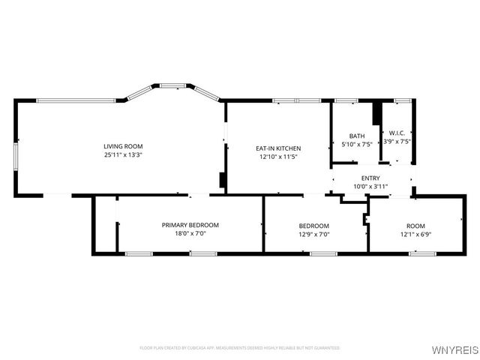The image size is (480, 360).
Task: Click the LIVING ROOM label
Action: point(123,146)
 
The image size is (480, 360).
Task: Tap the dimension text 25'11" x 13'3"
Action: point(123,154)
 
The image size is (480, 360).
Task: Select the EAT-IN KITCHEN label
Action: point(278,148)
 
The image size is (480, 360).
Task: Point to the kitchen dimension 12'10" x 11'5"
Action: point(278,157)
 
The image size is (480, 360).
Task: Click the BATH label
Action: point(356,136)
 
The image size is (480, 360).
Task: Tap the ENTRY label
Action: point(370,178)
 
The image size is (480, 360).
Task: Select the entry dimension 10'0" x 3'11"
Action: point(370,186)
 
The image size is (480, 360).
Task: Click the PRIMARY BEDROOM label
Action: point(190,225)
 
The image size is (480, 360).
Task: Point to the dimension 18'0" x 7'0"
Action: point(190,234)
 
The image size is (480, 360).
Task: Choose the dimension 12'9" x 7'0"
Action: point(313,234)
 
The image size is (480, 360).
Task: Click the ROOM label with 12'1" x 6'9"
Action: point(415,226)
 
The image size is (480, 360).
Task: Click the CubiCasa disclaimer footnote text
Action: point(240,348)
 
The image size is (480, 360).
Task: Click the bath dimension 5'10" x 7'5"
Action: point(356,144)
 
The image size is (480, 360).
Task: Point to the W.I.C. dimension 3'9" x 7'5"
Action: point(397,142)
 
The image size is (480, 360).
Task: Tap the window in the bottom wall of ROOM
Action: point(422,253)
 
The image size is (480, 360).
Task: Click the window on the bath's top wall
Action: point(346,100)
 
